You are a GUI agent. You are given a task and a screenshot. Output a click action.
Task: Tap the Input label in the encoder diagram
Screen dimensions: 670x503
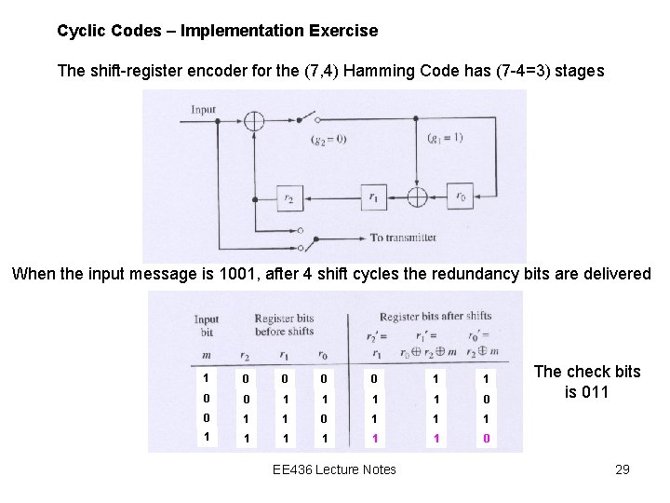coord(203,110)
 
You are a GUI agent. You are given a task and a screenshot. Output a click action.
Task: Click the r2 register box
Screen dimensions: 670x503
coord(289,198)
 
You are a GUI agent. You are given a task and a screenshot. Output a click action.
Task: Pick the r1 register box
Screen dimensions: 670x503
coord(373,198)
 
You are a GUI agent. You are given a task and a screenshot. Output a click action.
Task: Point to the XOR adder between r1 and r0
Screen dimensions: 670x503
coord(418,198)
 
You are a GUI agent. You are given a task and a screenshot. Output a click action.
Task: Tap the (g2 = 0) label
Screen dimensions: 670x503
coord(328,140)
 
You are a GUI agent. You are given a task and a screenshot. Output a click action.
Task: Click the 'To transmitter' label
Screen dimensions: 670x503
coord(403,238)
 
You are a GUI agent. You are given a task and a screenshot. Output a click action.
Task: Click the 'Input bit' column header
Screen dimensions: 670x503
coord(206,326)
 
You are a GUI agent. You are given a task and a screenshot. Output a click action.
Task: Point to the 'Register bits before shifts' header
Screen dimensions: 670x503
coord(284,325)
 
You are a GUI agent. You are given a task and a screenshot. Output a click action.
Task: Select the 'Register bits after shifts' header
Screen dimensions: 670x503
coord(435,317)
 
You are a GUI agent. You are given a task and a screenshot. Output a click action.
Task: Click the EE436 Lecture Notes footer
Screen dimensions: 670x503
coord(334,469)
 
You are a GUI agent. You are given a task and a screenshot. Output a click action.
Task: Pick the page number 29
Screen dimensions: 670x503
coord(623,469)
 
